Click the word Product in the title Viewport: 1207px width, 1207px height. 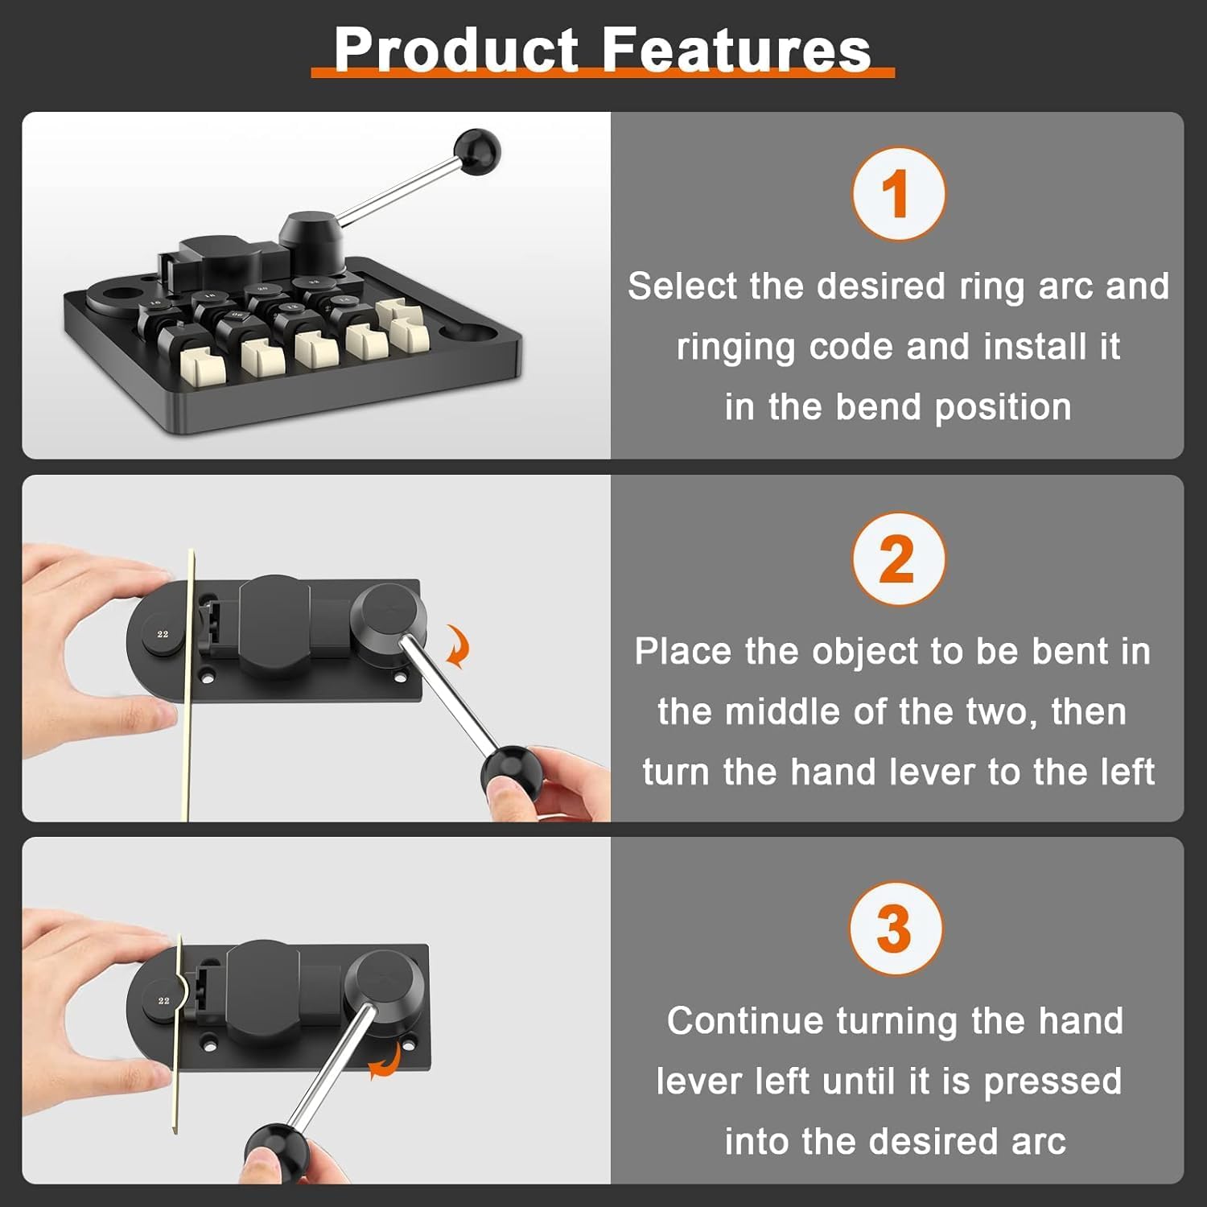point(455,50)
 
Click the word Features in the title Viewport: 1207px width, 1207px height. point(736,50)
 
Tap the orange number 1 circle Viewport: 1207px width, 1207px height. point(898,194)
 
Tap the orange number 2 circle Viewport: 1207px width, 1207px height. point(898,558)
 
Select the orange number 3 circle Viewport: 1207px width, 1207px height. point(896,929)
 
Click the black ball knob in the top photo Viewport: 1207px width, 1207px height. point(477,150)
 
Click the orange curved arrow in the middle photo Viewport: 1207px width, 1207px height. point(459,648)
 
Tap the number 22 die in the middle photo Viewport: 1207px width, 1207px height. point(163,634)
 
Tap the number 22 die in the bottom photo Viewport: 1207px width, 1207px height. point(164,1000)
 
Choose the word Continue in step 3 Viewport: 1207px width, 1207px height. point(746,1021)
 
